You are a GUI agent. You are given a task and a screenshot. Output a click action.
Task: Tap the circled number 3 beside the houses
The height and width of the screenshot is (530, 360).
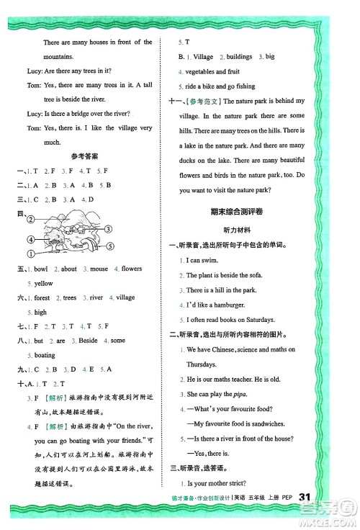coord(107,230)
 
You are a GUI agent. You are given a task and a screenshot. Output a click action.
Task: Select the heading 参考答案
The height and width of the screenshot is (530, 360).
coord(85,155)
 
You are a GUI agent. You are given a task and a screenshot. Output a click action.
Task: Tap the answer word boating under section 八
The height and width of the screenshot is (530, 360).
coord(45,355)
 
